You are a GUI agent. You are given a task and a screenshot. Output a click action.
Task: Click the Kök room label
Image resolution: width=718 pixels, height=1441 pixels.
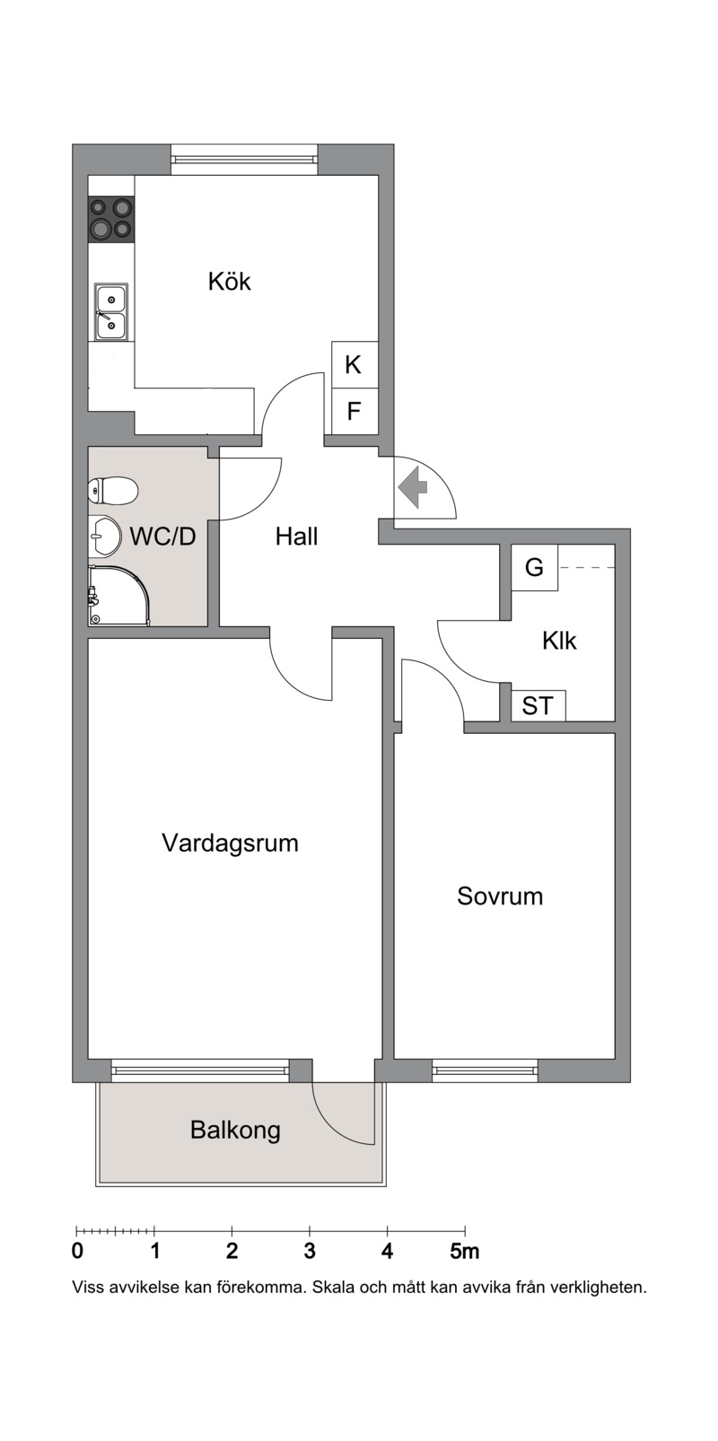pos(229,281)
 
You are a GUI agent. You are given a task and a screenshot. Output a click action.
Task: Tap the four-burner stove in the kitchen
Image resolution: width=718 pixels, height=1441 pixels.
pos(111,218)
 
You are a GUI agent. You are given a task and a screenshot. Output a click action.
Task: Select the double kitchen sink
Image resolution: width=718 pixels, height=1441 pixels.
pos(111,311)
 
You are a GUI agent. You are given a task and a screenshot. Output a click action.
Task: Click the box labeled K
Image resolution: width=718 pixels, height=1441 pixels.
pos(355,365)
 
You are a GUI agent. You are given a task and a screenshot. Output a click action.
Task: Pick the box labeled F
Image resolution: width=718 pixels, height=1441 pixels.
pos(355,412)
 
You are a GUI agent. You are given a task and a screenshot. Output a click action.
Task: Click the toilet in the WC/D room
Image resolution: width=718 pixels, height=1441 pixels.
pos(112,492)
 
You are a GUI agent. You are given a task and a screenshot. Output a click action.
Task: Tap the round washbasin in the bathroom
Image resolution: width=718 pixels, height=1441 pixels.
pos(104,535)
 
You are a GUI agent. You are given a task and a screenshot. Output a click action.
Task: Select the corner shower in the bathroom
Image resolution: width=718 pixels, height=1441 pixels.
pos(119,596)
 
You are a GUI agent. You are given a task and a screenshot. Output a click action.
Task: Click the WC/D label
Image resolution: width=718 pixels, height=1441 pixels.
pos(162,536)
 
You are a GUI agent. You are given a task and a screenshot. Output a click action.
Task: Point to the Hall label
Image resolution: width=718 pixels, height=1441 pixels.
pos(296,536)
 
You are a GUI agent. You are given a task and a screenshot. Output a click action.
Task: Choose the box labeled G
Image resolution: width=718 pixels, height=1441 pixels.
pos(535,567)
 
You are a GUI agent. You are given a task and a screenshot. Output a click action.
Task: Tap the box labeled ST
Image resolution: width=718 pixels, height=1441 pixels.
pos(538,706)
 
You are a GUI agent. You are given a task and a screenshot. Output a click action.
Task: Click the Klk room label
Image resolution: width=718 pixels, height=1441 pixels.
pos(559,641)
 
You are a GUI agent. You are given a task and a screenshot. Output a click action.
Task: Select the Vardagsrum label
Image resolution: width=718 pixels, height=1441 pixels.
pos(231,843)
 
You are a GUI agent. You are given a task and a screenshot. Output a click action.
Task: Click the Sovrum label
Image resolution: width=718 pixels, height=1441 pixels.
pos(500,896)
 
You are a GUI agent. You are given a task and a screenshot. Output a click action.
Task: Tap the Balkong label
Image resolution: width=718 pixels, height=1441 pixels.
pos(235,1131)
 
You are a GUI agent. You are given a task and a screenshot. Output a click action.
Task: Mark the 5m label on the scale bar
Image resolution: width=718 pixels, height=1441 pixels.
pos(465,1251)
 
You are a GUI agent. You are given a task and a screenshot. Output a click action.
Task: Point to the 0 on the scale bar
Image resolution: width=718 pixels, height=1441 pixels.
pos(77,1251)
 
